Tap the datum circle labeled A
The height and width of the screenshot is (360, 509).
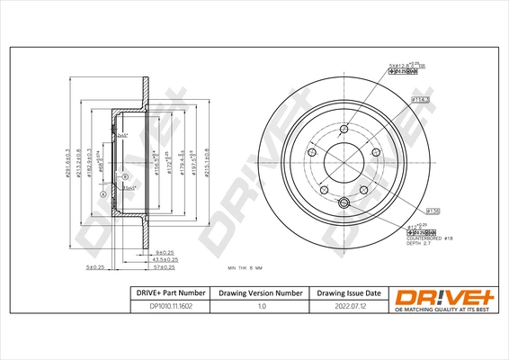point(103,194)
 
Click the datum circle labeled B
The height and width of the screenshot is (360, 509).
point(124,175)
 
